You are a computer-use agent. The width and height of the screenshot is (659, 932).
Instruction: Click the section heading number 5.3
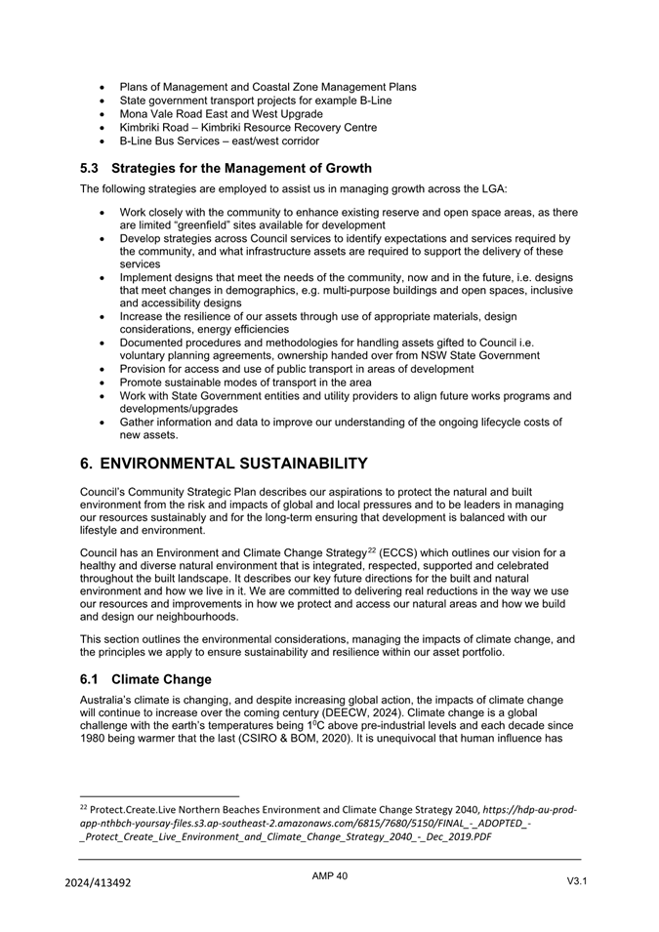(x=92, y=168)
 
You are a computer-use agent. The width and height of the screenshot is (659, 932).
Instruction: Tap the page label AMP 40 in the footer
(x=329, y=876)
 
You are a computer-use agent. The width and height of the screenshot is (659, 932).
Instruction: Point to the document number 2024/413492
(x=98, y=883)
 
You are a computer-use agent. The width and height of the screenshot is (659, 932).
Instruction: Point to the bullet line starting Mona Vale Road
(x=221, y=113)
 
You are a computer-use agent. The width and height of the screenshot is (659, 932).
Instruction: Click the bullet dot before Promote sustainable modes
(x=103, y=383)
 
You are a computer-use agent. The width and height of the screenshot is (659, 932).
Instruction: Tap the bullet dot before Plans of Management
(x=103, y=87)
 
